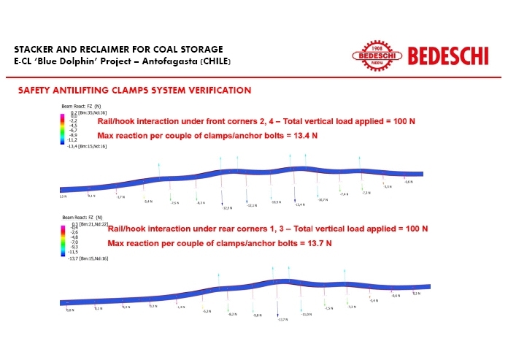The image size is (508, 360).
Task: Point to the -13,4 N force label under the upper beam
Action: click(299, 205)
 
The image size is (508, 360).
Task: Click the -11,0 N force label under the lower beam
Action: click(307, 314)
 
